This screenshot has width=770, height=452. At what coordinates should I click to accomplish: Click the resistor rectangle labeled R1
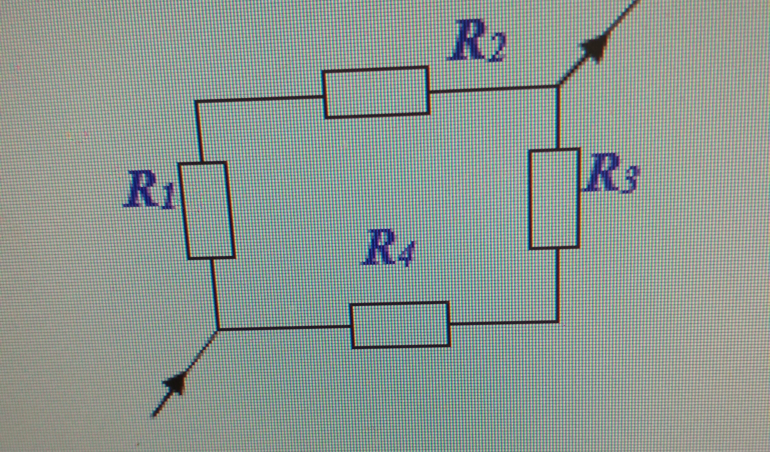click(x=207, y=211)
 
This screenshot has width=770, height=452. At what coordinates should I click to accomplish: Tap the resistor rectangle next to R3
click(x=554, y=199)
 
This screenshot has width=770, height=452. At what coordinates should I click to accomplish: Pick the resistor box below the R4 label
click(x=400, y=325)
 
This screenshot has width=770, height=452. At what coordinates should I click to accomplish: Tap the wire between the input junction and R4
click(x=284, y=328)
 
